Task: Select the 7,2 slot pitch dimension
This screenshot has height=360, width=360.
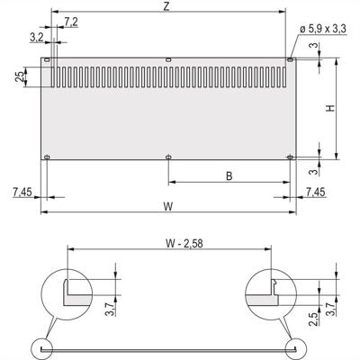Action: click(x=72, y=20)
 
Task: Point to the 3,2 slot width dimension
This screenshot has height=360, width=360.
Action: click(x=35, y=37)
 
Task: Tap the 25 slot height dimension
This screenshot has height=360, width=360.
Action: click(x=20, y=77)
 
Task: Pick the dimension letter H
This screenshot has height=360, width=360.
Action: click(x=330, y=108)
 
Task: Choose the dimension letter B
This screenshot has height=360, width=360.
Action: click(x=229, y=176)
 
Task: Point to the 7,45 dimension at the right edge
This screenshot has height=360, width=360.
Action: click(x=316, y=192)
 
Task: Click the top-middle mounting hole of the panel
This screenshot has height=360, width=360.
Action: click(x=168, y=60)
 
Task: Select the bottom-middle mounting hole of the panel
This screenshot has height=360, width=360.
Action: click(x=168, y=157)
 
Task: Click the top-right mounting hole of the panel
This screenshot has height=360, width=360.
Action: click(x=290, y=60)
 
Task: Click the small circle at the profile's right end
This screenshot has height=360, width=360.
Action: click(x=292, y=346)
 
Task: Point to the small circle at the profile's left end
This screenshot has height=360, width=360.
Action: click(x=44, y=346)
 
